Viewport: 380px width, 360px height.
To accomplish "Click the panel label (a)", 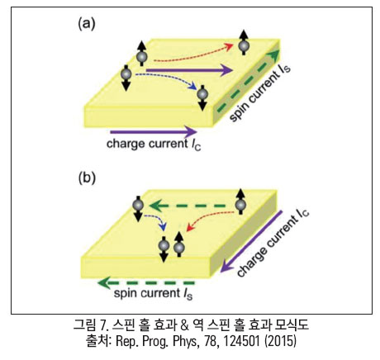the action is (x=87, y=24).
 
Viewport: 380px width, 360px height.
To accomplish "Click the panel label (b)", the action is (x=87, y=178).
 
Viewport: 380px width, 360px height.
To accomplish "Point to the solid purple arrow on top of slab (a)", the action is (x=189, y=70).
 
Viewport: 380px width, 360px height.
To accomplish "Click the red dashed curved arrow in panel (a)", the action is (x=192, y=54).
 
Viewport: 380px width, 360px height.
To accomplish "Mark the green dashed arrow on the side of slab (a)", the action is (x=248, y=81).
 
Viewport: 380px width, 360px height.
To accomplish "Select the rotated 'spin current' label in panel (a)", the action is (x=259, y=93).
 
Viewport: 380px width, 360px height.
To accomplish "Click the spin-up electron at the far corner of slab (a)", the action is (x=244, y=43).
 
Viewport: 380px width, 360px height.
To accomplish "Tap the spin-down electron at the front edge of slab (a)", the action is (x=202, y=97).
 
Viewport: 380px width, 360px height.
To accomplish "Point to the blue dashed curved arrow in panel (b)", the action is (x=157, y=220).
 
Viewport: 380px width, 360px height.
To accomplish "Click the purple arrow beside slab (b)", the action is (x=250, y=242).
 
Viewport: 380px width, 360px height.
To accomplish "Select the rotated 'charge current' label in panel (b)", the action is (x=273, y=243).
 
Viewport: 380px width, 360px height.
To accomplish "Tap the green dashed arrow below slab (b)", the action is (x=146, y=283).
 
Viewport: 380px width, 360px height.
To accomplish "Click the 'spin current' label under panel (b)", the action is (x=153, y=294).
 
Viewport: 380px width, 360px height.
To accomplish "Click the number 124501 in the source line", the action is (x=241, y=342).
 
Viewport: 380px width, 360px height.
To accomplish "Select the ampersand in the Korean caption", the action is (x=185, y=325).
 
